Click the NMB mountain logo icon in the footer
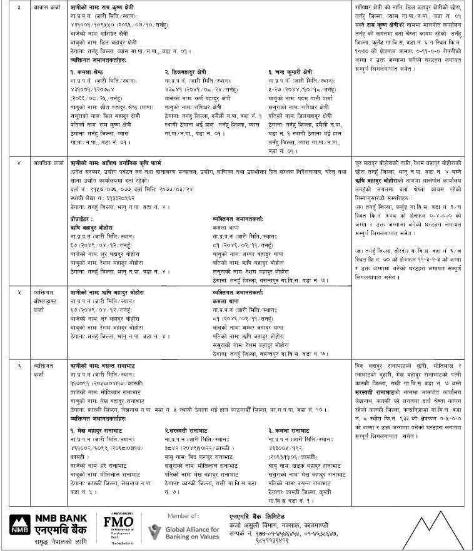point(19,523)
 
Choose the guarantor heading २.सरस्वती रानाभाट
point(194,431)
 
